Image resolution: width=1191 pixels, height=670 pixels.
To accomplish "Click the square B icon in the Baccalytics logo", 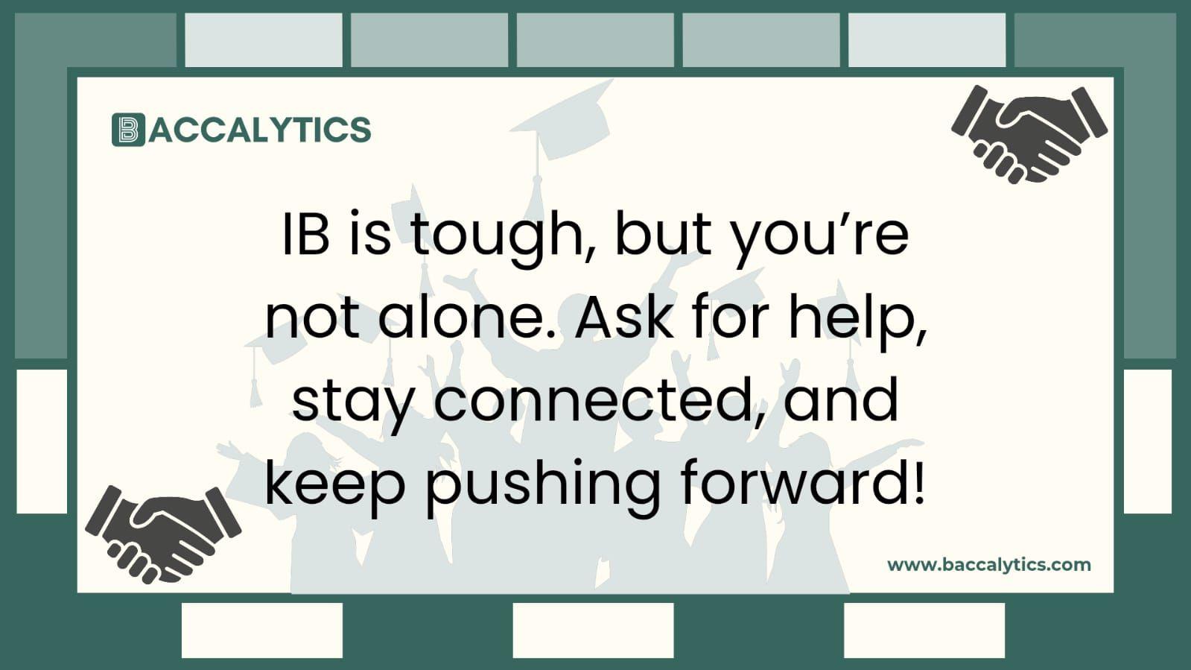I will tap(128, 130).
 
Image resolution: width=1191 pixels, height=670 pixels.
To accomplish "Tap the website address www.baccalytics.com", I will tap(988, 564).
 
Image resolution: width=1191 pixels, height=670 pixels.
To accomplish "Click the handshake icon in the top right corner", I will tap(1029, 133).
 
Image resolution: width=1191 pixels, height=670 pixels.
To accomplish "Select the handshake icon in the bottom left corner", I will tap(162, 533).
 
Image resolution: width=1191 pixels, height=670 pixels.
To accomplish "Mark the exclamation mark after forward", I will tap(918, 481).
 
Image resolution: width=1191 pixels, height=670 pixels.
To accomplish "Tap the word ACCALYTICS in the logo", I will tap(259, 130).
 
